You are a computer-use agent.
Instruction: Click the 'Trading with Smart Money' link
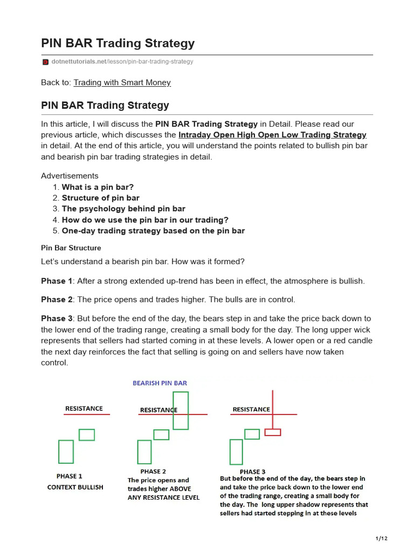coord(122,82)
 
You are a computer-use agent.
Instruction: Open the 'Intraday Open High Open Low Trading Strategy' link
coord(272,135)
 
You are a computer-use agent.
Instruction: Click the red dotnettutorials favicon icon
coord(45,62)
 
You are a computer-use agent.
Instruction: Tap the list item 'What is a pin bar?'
coord(98,187)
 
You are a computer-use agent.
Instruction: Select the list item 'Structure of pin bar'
coord(100,198)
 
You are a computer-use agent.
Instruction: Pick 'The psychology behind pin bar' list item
coord(123,209)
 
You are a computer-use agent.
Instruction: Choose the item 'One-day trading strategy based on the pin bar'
coord(153,231)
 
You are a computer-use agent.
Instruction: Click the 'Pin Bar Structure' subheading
coord(71,248)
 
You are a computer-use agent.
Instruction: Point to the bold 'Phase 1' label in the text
coord(56,281)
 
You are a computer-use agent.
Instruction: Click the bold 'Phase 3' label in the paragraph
coord(56,319)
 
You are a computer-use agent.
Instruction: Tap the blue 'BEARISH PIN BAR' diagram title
coord(160,383)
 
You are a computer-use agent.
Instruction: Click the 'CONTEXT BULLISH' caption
coord(75,487)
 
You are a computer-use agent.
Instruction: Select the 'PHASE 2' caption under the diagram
coord(154,471)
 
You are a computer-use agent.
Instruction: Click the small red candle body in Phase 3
coord(273,432)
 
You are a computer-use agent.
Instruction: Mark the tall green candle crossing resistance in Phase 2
coord(181,410)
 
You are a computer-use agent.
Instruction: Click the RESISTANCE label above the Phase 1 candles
coord(84,409)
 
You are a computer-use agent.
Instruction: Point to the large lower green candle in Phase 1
coord(66,452)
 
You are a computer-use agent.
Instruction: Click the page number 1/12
coord(381,539)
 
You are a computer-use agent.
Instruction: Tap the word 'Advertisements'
coord(70,176)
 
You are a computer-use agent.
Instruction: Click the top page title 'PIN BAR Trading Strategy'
coord(118,43)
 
